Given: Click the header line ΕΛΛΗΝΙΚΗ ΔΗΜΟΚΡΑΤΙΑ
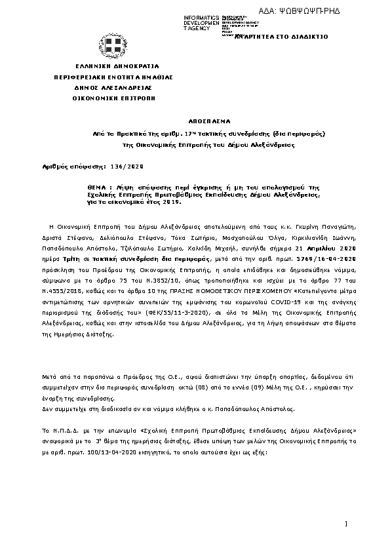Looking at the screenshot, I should pos(112,67).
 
